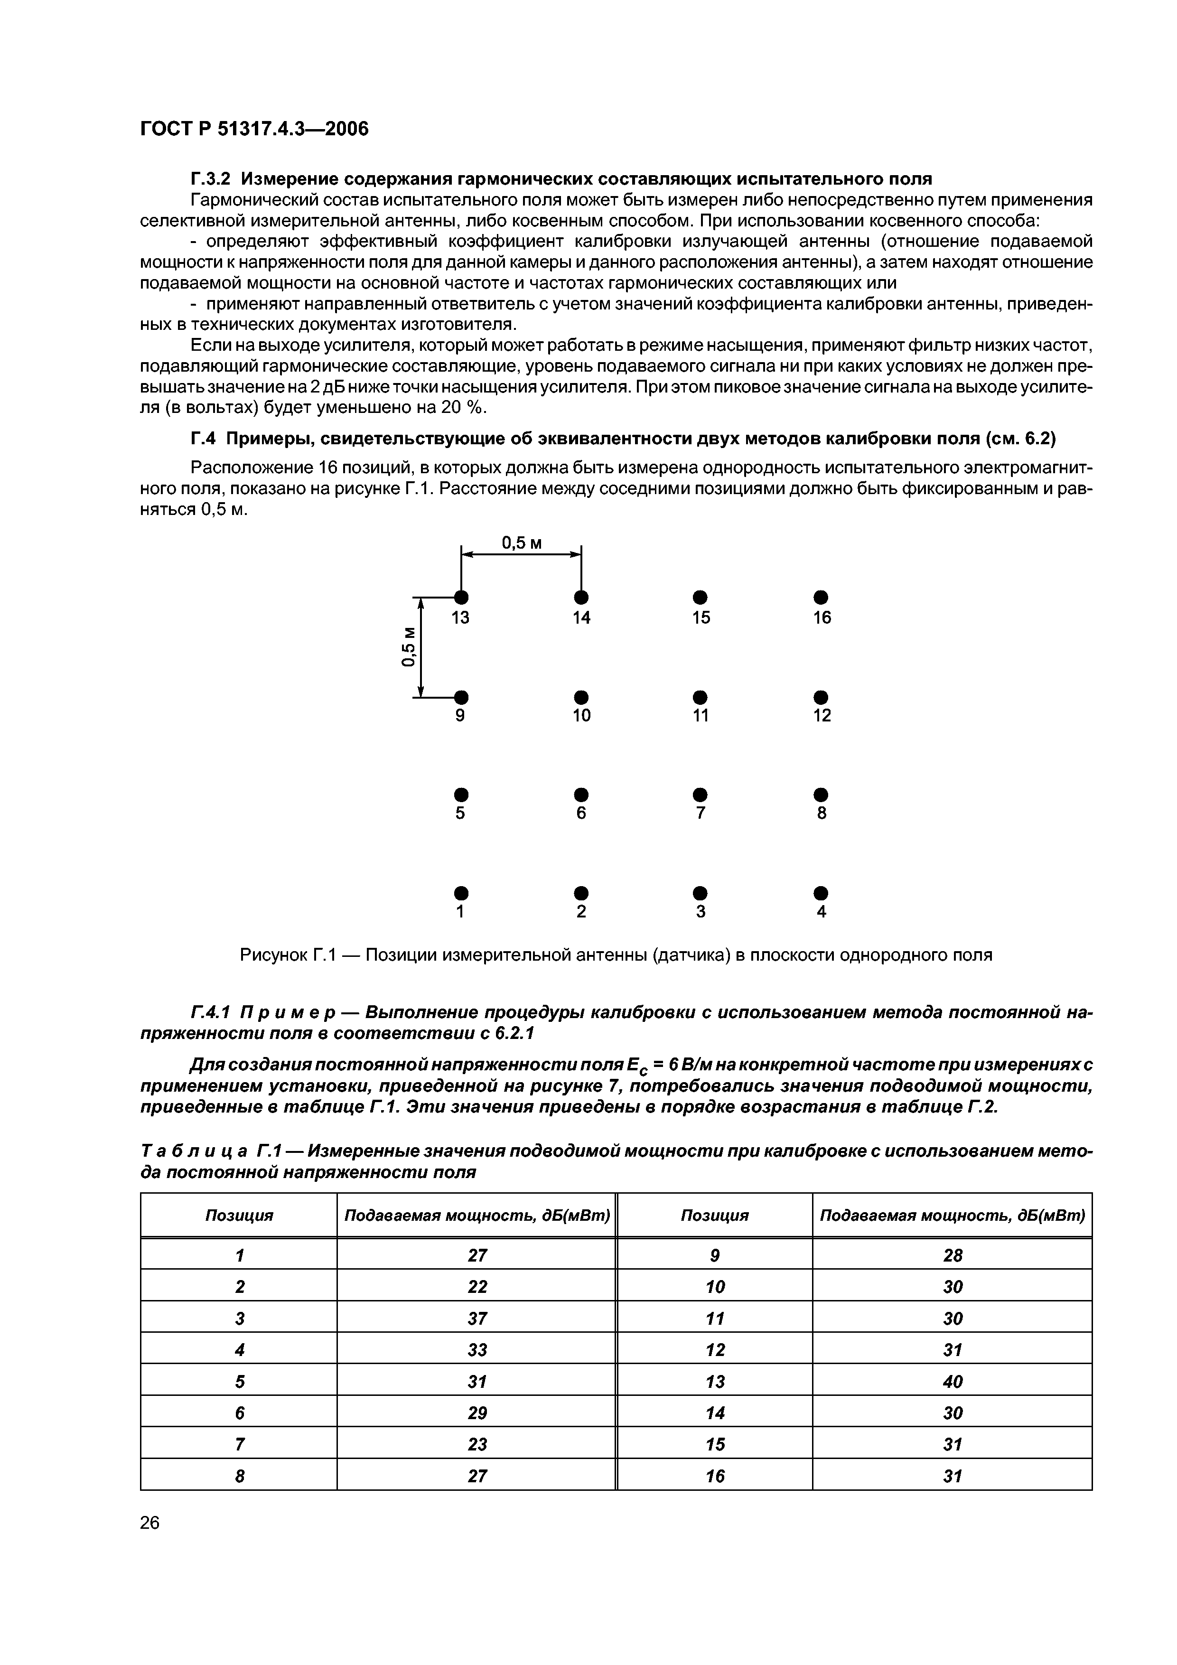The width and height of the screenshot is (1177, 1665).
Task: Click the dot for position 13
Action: (x=461, y=597)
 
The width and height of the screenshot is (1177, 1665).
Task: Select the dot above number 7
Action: (x=700, y=793)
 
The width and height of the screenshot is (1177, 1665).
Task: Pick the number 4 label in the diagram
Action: (x=821, y=912)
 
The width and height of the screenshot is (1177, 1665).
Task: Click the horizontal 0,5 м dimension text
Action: (x=522, y=543)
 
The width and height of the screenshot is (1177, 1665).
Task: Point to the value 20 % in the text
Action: (x=461, y=408)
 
